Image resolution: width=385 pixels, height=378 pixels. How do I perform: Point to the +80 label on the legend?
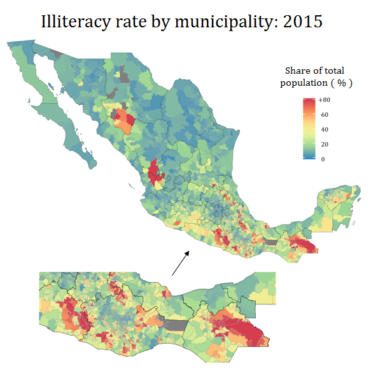click(x=325, y=100)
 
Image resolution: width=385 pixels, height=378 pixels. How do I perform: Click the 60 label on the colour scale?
click(x=323, y=115)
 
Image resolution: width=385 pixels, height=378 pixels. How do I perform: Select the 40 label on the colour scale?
click(x=323, y=130)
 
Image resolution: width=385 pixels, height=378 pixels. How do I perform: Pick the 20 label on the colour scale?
click(x=323, y=144)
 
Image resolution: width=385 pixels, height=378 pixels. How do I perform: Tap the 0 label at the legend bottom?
click(x=322, y=159)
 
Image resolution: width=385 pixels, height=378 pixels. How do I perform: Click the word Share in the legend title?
click(x=297, y=71)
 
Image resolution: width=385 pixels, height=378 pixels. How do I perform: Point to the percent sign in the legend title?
click(x=341, y=83)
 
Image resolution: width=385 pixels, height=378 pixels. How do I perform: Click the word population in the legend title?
click(x=305, y=83)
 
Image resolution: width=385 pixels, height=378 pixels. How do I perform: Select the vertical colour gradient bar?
click(x=309, y=130)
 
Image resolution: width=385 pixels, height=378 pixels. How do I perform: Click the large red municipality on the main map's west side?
click(x=153, y=175)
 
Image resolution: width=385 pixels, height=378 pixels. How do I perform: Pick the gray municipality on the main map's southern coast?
click(x=272, y=241)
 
